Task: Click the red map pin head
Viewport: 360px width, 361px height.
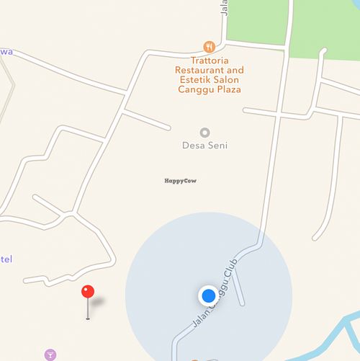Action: (x=88, y=292)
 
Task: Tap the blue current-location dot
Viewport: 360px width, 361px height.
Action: (x=208, y=295)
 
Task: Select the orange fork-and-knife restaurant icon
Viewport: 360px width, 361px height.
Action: (x=210, y=46)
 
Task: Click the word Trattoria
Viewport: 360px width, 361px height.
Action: (x=209, y=60)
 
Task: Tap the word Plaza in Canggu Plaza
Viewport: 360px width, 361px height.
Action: (x=228, y=90)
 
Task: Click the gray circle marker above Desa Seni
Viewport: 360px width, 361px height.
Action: (x=204, y=133)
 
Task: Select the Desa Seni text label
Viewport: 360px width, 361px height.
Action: (x=204, y=145)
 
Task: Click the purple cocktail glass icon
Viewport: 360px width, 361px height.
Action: (x=50, y=355)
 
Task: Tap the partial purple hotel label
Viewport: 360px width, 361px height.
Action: (x=6, y=259)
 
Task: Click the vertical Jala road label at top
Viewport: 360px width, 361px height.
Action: (x=224, y=7)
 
